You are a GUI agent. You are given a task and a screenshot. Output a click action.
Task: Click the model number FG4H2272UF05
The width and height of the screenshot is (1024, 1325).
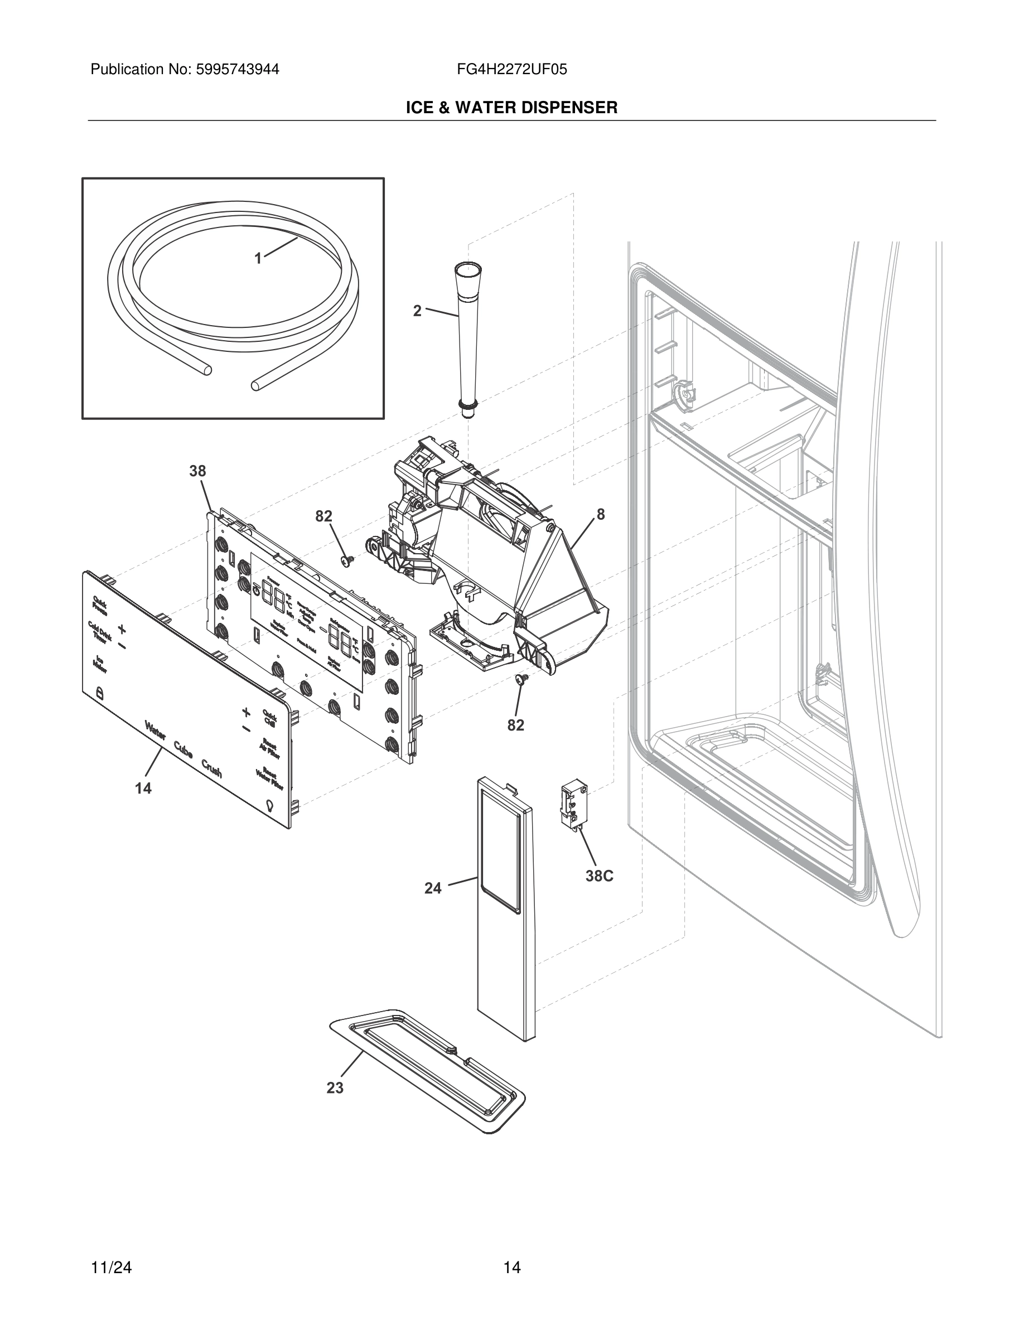(x=512, y=70)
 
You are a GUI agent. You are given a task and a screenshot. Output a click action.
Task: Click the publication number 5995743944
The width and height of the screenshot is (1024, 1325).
(x=237, y=70)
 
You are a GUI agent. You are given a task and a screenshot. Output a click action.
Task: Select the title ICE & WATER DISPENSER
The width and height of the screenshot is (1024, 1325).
(x=511, y=108)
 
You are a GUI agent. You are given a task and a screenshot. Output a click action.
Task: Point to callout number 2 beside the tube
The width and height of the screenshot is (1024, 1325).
(x=417, y=311)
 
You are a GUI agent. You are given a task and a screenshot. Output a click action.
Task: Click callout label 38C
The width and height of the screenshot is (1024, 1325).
(x=600, y=876)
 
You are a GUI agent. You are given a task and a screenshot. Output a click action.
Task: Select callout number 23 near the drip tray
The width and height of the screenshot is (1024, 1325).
(x=335, y=1088)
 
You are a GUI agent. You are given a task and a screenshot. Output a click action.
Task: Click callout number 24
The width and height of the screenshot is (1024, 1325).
(x=433, y=888)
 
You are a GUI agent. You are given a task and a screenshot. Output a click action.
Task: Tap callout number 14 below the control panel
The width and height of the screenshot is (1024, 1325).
(x=143, y=788)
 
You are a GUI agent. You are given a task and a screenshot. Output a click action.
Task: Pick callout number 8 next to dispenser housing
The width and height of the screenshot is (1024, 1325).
(x=601, y=515)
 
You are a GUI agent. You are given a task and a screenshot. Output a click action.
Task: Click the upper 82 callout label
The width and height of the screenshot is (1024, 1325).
(x=324, y=516)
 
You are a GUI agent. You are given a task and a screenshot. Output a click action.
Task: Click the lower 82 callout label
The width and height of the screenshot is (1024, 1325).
(x=516, y=725)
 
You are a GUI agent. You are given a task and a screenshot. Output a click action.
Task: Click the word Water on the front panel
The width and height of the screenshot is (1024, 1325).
(x=154, y=731)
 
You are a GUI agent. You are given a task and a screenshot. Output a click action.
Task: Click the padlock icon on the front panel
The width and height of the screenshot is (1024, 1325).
(x=99, y=692)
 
